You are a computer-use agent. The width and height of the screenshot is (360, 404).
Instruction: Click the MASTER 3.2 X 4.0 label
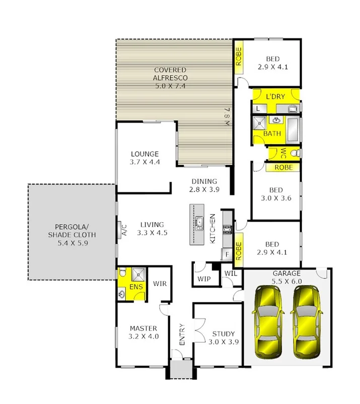pos(144,332)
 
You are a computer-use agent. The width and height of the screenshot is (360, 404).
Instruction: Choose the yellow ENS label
pos(135,287)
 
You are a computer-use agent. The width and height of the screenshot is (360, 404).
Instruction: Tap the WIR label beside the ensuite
pos(160,284)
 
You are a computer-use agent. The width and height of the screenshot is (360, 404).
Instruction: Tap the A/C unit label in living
pos(123,229)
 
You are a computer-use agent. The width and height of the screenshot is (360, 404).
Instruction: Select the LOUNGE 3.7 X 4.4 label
pos(145,158)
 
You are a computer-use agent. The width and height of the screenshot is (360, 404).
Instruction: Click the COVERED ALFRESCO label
pos(170,78)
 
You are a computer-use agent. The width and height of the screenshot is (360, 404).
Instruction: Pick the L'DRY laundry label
pos(275,96)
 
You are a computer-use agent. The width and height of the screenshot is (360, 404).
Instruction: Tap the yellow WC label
pos(283,152)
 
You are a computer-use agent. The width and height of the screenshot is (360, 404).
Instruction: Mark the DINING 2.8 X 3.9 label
pos(204,185)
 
